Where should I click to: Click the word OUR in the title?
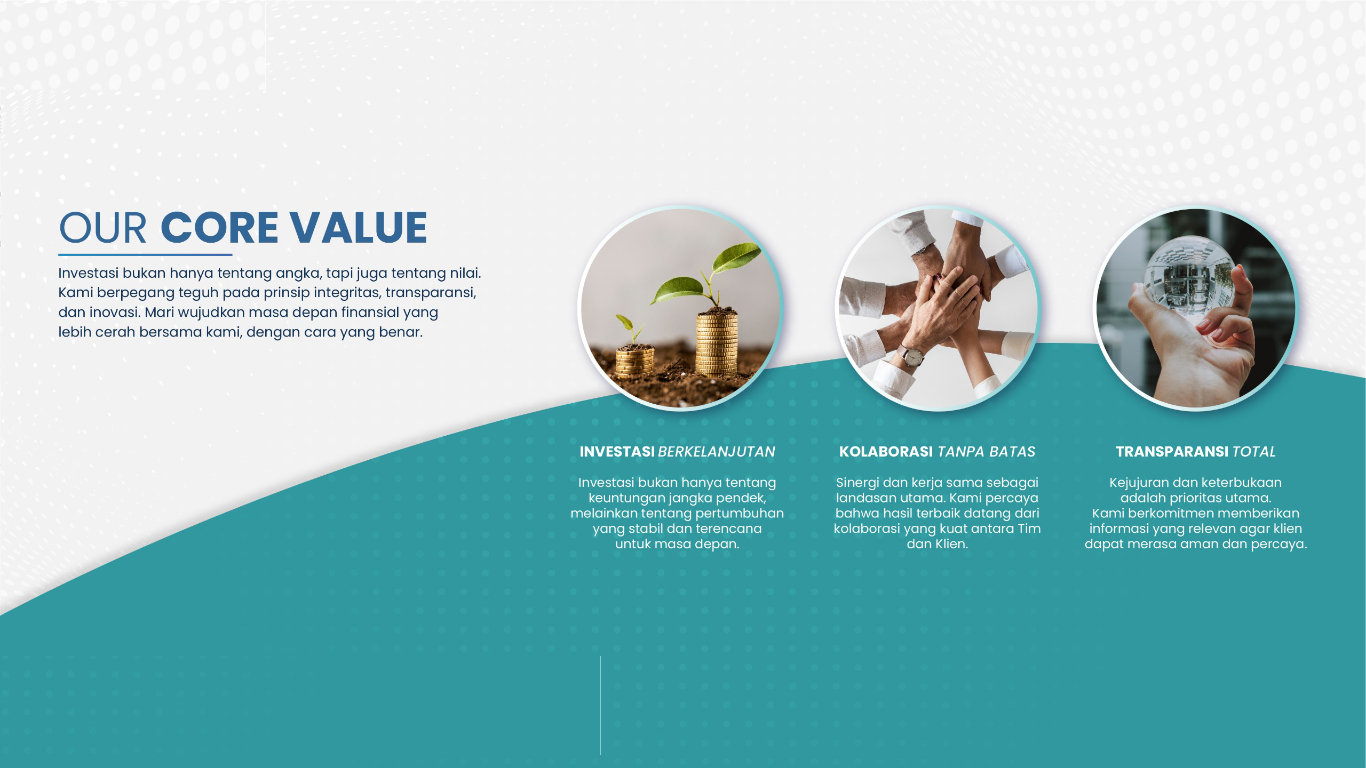tap(102, 228)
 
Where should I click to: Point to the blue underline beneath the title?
tap(145, 255)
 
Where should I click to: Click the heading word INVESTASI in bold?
tap(617, 452)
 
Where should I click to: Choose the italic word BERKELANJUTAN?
tap(717, 452)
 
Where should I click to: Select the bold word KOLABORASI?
tap(886, 452)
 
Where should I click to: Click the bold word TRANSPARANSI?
tap(1172, 452)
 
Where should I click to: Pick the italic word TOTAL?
tap(1254, 452)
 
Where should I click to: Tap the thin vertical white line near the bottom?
tap(600, 705)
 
